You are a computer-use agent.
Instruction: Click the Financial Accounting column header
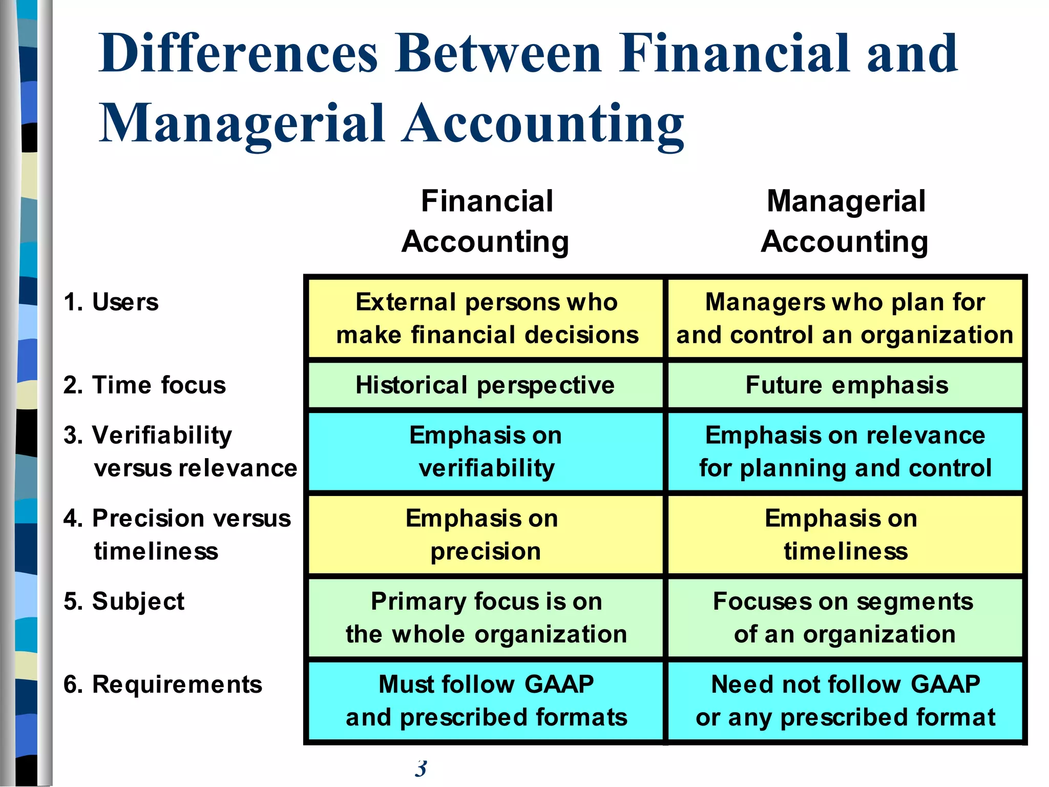(x=486, y=221)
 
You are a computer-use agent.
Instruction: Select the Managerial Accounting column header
(x=845, y=221)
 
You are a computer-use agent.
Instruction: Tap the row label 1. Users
(x=111, y=302)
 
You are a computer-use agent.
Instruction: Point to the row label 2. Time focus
(x=144, y=385)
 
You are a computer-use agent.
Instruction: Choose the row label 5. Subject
(x=124, y=601)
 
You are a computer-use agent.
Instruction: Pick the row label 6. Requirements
(x=162, y=684)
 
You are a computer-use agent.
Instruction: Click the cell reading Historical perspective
(x=485, y=385)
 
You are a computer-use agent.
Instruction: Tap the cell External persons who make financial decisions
(x=486, y=318)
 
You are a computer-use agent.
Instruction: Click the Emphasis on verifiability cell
(x=486, y=451)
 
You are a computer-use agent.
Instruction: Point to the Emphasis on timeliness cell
(x=845, y=534)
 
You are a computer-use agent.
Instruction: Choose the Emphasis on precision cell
(x=485, y=534)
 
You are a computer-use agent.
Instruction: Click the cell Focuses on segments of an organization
(x=845, y=617)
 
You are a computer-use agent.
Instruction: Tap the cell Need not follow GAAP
(x=845, y=700)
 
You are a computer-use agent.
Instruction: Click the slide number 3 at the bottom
(x=421, y=768)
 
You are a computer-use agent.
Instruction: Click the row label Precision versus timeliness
(x=177, y=534)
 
